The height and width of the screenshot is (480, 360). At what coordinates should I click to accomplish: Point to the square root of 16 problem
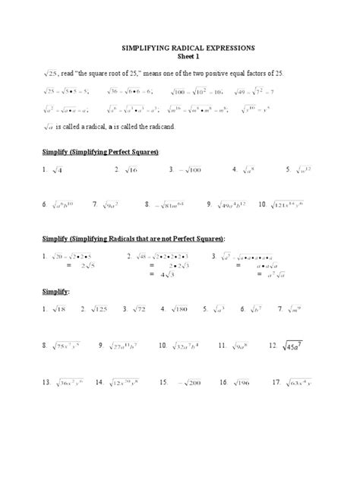pos(125,170)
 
